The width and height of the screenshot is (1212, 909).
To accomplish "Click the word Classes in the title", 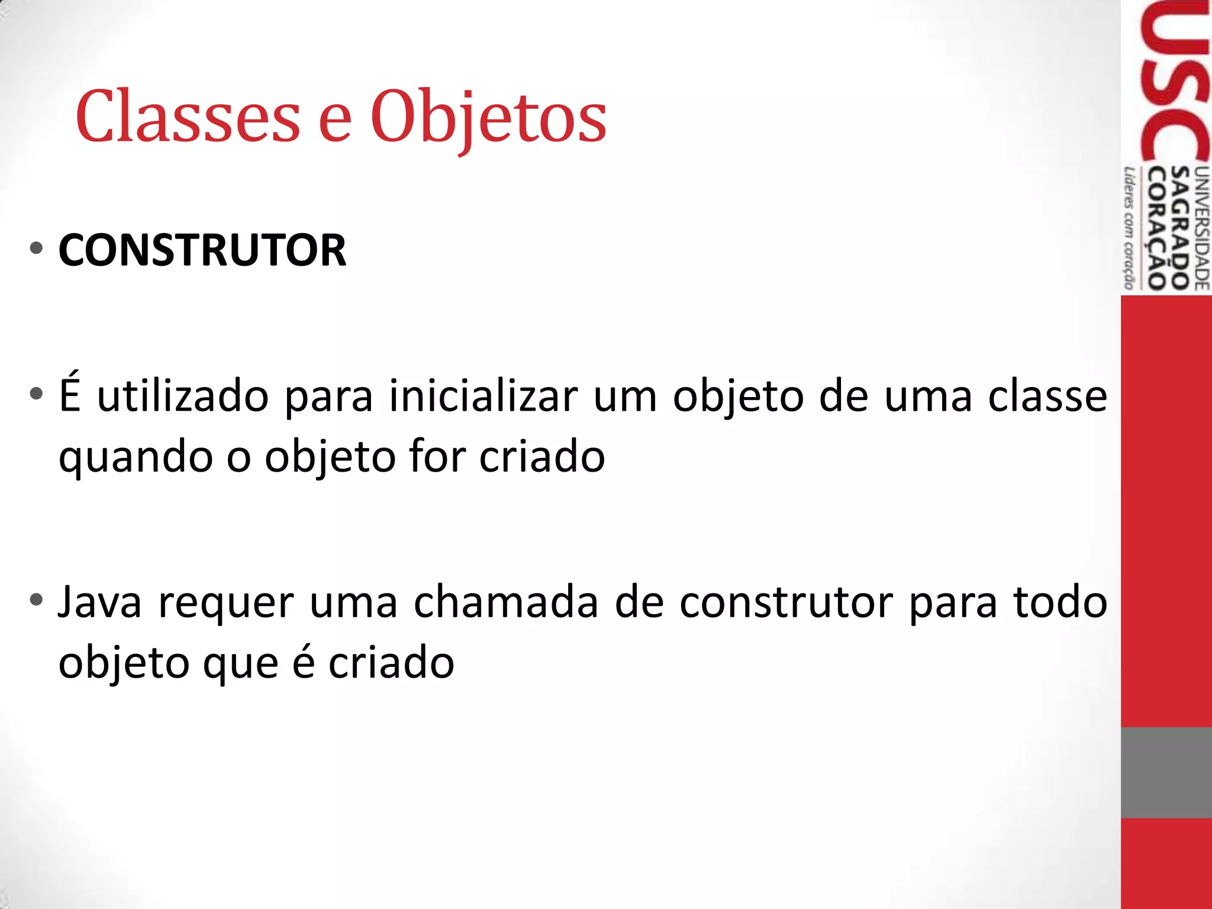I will tap(188, 117).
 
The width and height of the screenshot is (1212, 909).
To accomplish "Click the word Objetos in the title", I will tap(488, 118).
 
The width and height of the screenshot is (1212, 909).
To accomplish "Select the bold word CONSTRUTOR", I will tap(202, 250).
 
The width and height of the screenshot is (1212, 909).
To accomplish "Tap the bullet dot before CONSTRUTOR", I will tap(37, 249).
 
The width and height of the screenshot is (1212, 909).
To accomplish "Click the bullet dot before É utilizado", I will tap(37, 394).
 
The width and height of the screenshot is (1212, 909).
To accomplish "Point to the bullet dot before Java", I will tap(37, 600).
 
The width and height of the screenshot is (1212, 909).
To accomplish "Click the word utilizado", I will tap(183, 396).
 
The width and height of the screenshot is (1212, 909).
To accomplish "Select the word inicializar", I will tap(483, 396).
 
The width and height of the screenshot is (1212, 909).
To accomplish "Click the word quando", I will tap(136, 458).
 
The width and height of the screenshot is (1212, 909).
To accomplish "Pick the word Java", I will tap(100, 602).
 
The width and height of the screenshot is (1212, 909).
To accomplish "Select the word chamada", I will tap(505, 602).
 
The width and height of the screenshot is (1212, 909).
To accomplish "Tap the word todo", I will tap(1060, 602).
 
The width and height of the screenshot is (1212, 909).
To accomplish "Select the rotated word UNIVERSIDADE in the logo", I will tap(1202, 228).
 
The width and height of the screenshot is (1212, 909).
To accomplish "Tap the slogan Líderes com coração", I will tap(1129, 228).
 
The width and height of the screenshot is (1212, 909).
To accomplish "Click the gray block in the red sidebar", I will tap(1166, 772).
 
